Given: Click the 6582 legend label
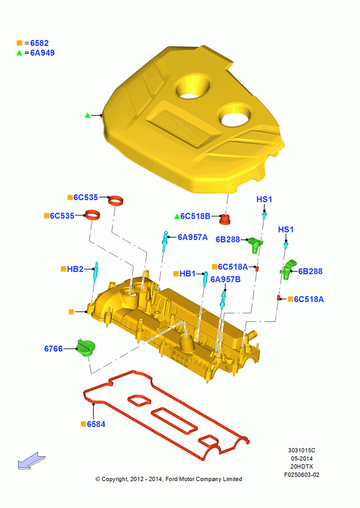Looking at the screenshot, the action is [39, 43].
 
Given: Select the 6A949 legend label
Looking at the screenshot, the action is [42, 53].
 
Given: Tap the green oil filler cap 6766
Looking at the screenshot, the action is [86, 348].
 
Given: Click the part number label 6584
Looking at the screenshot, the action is [96, 424].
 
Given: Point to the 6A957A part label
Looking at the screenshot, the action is [193, 237].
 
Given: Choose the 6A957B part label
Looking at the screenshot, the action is [225, 279].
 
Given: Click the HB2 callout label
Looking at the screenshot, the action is [75, 269].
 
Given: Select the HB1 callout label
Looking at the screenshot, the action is [188, 274].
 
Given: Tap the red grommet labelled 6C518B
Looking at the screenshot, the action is [224, 219].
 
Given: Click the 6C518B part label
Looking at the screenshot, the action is [195, 216].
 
